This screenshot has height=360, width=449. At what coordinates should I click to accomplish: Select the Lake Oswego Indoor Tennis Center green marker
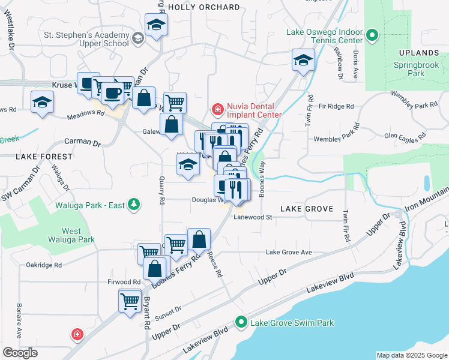tap(372, 35)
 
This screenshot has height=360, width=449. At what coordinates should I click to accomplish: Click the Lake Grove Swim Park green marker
tap(241, 323)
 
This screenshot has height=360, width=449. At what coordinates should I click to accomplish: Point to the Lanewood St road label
tap(253, 217)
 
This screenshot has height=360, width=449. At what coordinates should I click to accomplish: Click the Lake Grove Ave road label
tap(289, 253)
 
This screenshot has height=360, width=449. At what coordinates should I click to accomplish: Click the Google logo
tap(20, 353)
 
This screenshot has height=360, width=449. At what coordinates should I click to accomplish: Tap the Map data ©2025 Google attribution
tap(412, 355)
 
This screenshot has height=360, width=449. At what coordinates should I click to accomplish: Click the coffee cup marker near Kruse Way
tap(112, 93)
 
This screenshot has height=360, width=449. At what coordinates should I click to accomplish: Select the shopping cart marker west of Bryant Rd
tap(130, 301)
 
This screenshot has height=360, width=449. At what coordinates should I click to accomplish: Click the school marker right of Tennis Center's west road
tap(304, 60)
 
